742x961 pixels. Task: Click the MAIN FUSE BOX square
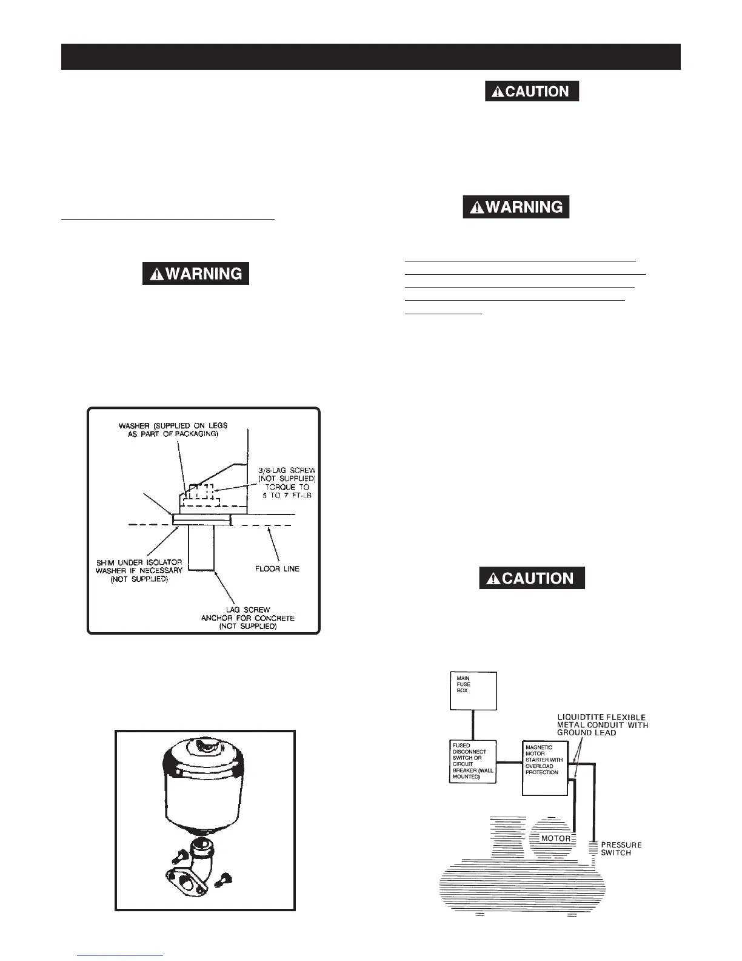pos(473,690)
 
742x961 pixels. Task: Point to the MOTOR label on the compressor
pos(555,838)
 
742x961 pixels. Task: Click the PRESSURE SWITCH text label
pos(621,848)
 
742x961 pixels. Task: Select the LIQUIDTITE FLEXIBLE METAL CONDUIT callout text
pos(602,724)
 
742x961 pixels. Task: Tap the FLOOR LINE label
pos(278,568)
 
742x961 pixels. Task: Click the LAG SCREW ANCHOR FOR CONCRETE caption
pos(248,618)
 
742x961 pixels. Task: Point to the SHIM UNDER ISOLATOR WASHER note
pos(139,570)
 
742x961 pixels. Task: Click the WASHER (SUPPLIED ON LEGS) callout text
pos(173,430)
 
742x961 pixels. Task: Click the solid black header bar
pos(371,56)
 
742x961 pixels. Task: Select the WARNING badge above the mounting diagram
pos(195,274)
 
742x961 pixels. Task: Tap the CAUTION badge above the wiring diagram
pos(532,578)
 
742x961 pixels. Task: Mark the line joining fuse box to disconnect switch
pos(473,725)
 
